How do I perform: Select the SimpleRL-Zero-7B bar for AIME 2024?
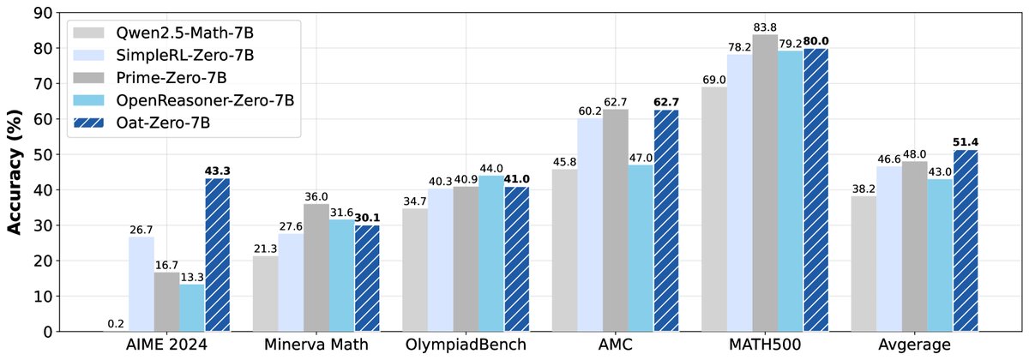click(x=141, y=284)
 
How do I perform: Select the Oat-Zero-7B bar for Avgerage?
click(x=966, y=240)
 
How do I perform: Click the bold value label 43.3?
click(x=218, y=171)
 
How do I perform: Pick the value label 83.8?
click(x=740, y=27)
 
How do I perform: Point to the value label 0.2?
click(x=116, y=323)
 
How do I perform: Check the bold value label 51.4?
click(x=966, y=141)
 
